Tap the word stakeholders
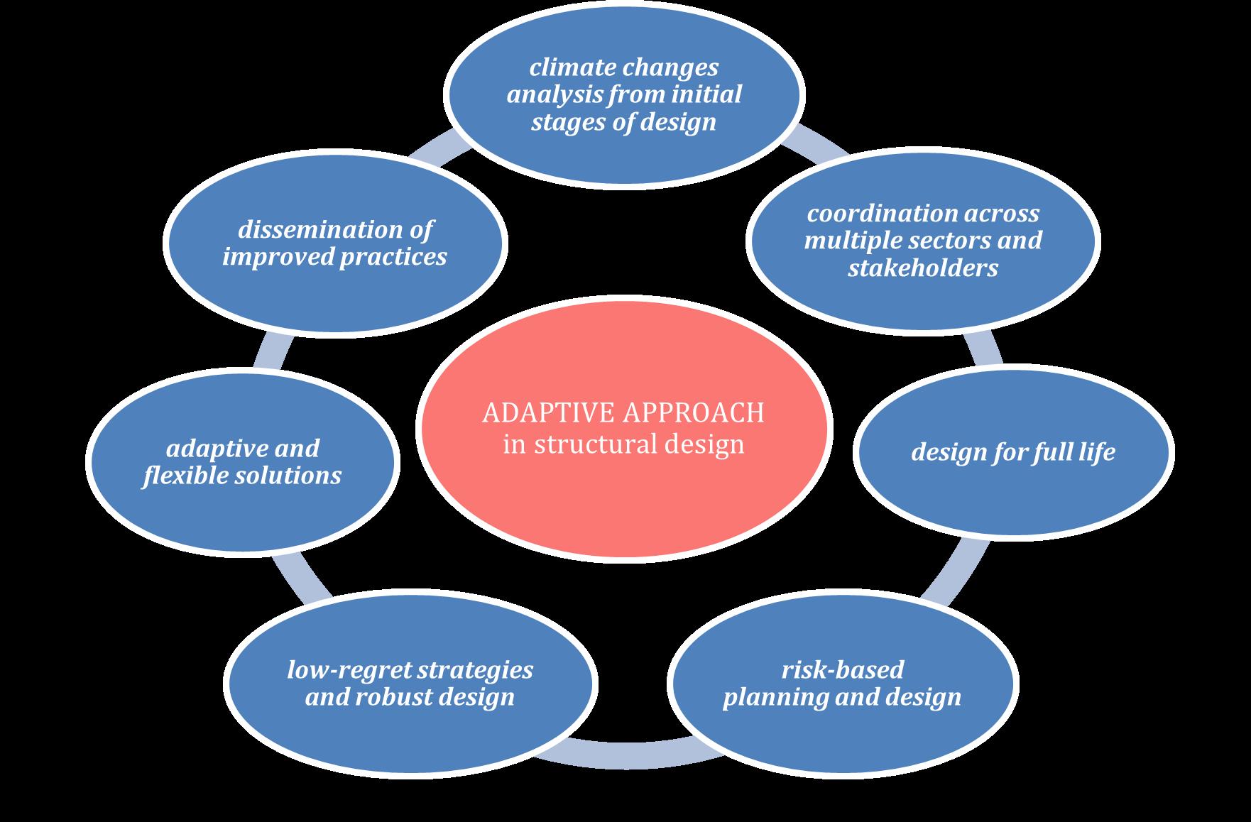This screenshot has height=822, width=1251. click(x=923, y=268)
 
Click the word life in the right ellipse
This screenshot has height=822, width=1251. click(x=1096, y=452)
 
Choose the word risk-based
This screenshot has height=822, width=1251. click(x=843, y=669)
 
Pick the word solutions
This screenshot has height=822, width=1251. click(x=290, y=476)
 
